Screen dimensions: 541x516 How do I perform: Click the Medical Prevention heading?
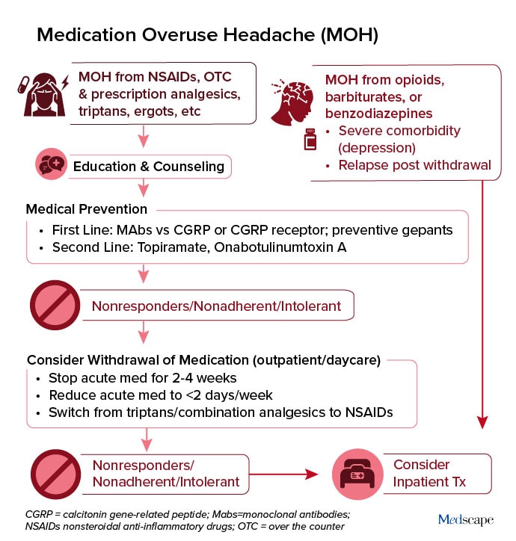[x=87, y=208]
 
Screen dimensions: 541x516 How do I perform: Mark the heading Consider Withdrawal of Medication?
[x=204, y=359]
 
